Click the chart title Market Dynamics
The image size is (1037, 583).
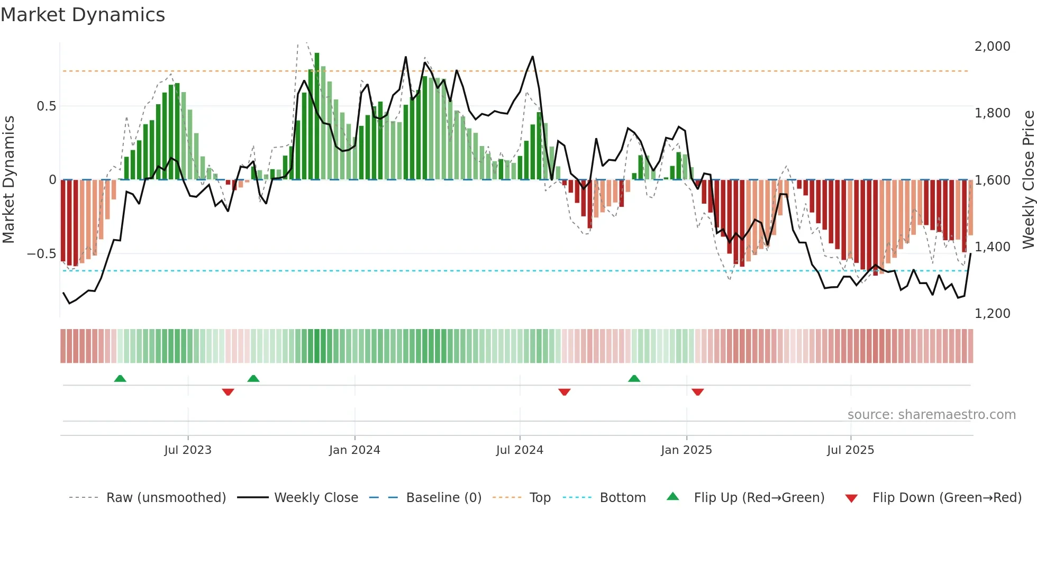coord(83,15)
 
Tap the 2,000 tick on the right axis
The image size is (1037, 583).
coord(992,47)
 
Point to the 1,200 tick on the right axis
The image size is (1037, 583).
coord(992,314)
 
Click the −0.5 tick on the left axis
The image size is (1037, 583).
coord(41,254)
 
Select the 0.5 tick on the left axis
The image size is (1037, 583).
coord(46,106)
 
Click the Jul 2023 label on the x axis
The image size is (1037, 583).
coord(188,450)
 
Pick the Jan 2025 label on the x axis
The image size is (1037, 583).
coord(686,450)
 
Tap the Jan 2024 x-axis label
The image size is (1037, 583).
coord(354,450)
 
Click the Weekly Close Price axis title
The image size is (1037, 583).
coord(1028,179)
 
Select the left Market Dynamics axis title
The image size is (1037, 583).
coord(8,179)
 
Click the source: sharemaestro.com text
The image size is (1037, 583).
coord(931,415)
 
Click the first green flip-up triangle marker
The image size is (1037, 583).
coord(120,378)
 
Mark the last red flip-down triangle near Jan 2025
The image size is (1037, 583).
coord(697,392)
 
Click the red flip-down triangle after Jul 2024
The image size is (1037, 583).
coord(565,392)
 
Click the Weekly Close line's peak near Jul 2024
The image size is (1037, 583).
coord(532,57)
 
